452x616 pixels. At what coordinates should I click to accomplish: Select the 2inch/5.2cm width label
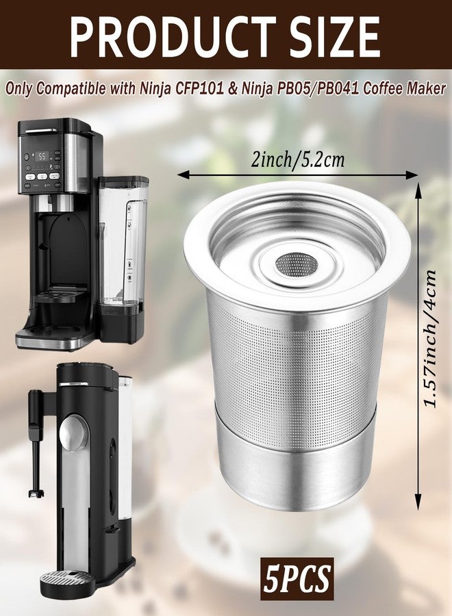[298, 159]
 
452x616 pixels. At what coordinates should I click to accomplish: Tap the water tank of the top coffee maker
[124, 244]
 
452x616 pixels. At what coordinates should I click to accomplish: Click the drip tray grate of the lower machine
[67, 577]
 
